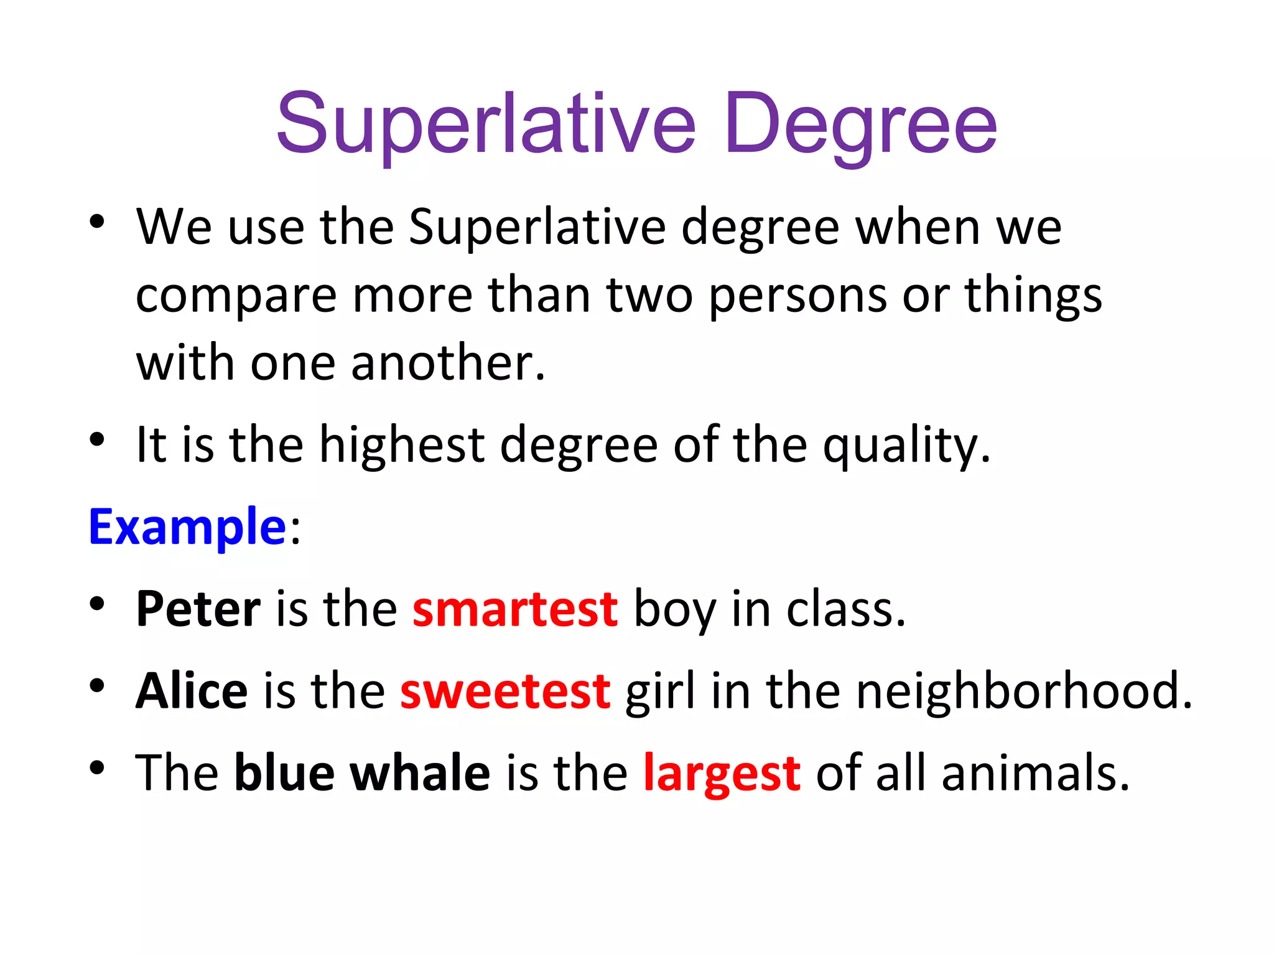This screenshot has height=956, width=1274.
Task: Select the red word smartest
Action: (515, 608)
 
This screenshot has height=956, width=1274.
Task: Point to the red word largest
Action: (722, 772)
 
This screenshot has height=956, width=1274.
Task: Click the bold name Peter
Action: (198, 608)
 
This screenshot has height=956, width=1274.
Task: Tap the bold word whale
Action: (421, 772)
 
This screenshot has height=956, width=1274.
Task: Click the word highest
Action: (402, 446)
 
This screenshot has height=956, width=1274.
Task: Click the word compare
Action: (236, 296)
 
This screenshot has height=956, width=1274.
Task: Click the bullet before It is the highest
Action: (96, 439)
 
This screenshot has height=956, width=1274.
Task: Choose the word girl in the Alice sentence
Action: (660, 691)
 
